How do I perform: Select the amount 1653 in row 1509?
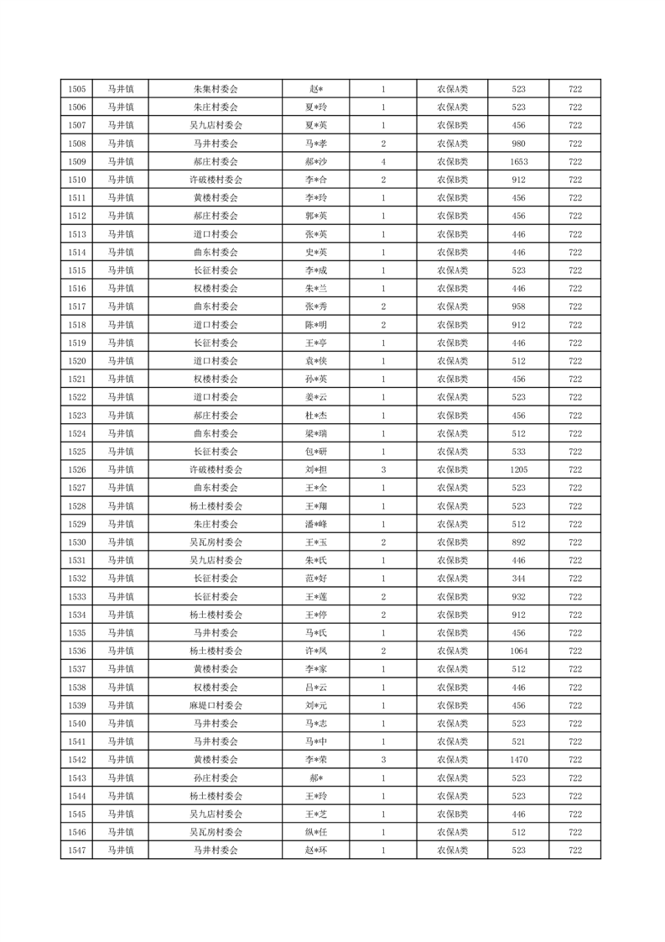[x=518, y=162]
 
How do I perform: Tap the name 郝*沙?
[x=314, y=162]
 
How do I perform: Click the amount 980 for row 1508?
[x=518, y=144]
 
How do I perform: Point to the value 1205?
[x=518, y=470]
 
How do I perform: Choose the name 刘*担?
[x=314, y=470]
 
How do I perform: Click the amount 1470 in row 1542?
[x=518, y=760]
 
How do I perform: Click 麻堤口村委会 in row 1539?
[x=216, y=705]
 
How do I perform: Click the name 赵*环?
[x=314, y=850]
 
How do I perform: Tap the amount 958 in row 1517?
[x=518, y=306]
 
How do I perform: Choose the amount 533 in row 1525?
[x=518, y=452]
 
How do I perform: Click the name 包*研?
[x=314, y=452]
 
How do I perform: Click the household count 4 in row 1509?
[x=383, y=162]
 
